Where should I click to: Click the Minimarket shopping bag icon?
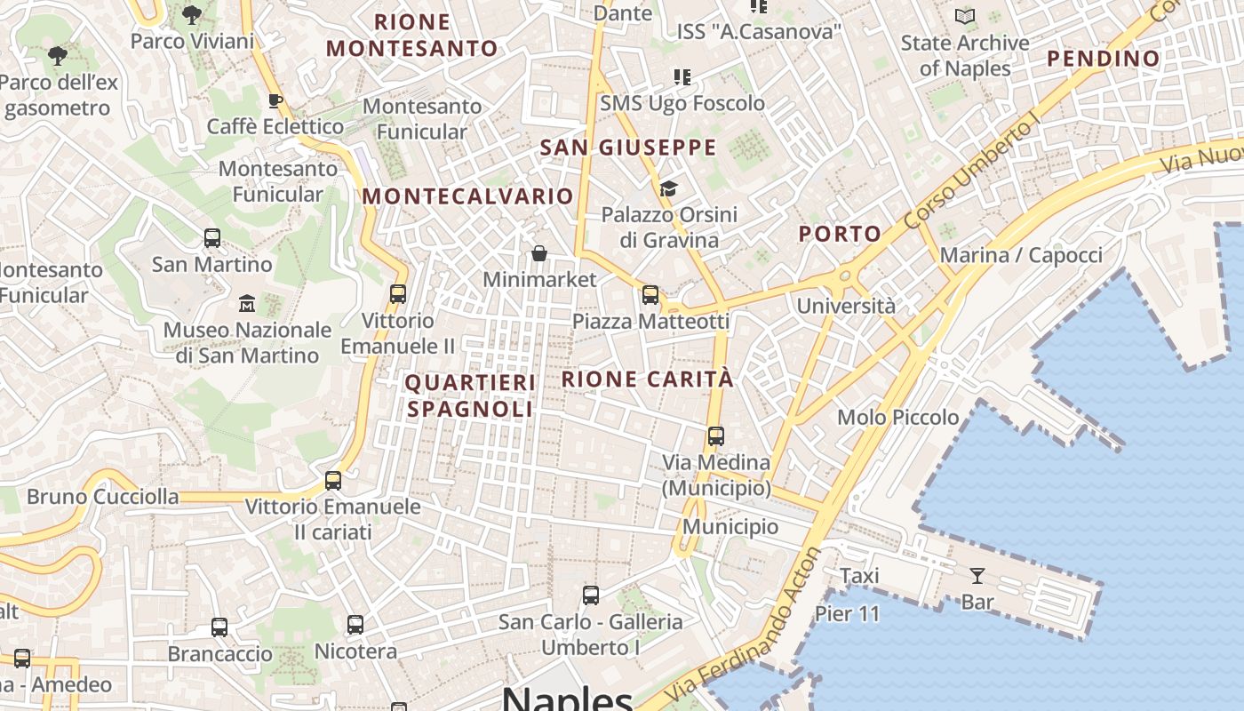[538, 254]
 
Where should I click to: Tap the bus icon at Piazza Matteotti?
[650, 295]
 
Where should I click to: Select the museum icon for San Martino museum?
[247, 304]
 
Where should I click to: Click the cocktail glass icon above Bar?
[977, 576]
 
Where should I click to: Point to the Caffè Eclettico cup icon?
[275, 100]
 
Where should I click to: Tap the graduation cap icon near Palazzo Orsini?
[668, 188]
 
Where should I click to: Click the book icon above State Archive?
[965, 16]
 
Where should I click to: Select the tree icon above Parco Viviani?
[191, 14]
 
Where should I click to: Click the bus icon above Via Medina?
[716, 436]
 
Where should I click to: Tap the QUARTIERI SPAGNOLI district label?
[470, 395]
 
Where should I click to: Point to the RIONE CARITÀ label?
[648, 379]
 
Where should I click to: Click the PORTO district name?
[840, 234]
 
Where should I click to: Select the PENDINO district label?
[1103, 59]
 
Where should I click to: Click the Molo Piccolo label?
[897, 417]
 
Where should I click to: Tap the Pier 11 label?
[847, 613]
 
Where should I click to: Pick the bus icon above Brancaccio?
[219, 627]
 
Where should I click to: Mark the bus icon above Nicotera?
[355, 625]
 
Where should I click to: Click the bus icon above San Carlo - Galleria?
[591, 595]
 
